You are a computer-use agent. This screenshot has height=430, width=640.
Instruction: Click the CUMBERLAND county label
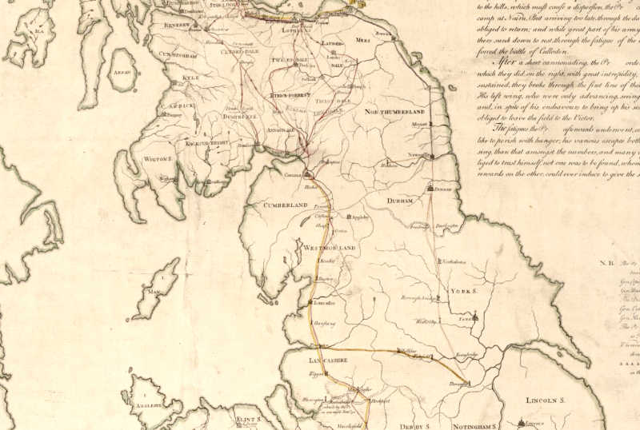pyautogui.click(x=286, y=205)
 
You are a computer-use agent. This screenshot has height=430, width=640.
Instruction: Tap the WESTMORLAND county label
pyautogui.click(x=329, y=249)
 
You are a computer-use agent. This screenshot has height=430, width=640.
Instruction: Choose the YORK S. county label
pyautogui.click(x=463, y=293)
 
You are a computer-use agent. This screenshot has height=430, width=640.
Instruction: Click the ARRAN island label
pyautogui.click(x=120, y=72)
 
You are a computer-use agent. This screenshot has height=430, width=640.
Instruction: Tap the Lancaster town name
pyautogui.click(x=322, y=304)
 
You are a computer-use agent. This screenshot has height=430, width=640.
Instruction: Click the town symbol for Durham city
pyautogui.click(x=430, y=189)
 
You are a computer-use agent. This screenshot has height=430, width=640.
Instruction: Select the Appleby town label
pyautogui.click(x=362, y=217)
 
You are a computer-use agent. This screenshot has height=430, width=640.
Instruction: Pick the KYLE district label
pyautogui.click(x=190, y=78)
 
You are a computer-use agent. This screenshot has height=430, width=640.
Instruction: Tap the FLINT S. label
pyautogui.click(x=249, y=418)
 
